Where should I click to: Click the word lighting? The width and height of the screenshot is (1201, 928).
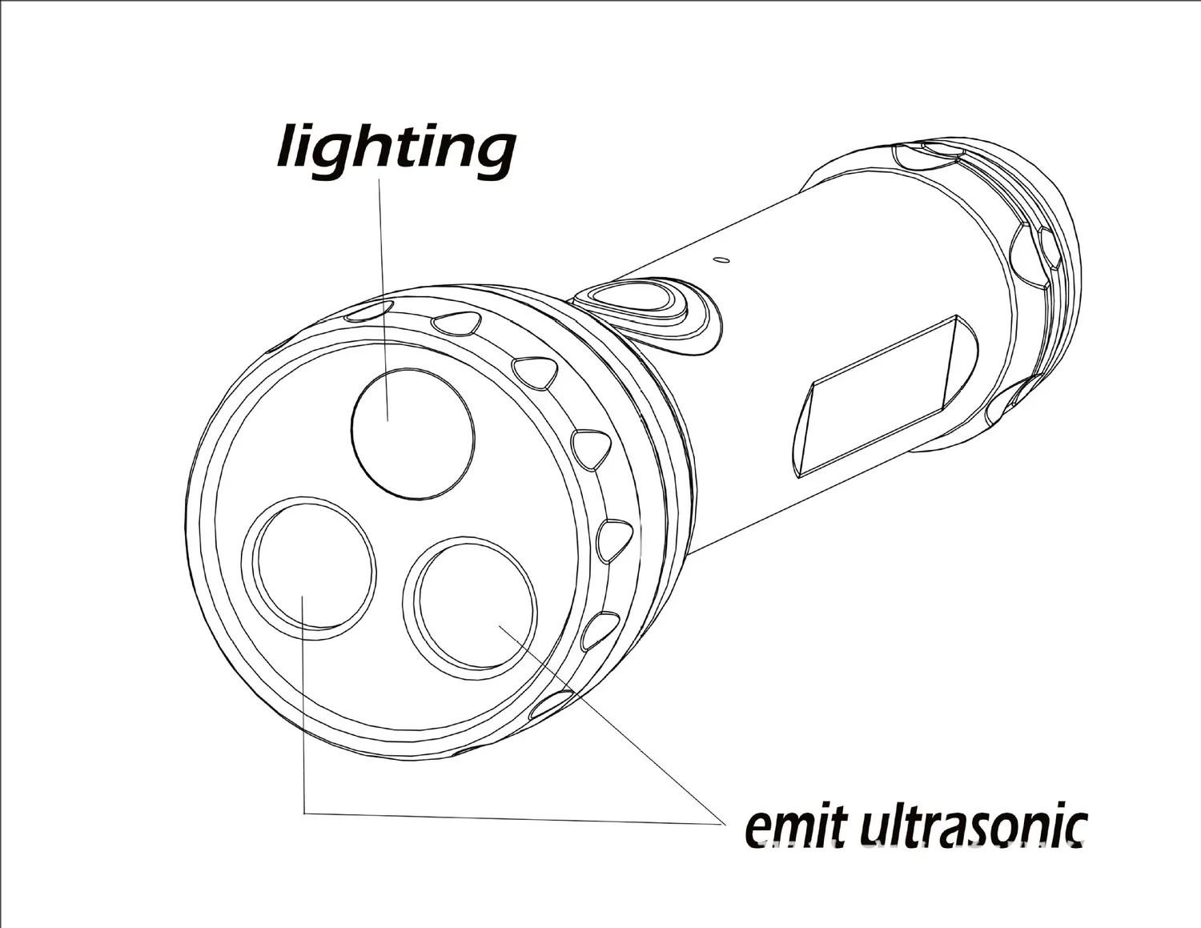[396, 148]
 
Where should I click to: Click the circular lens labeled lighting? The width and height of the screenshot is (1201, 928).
[413, 434]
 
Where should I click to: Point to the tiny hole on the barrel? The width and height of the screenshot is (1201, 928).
[722, 259]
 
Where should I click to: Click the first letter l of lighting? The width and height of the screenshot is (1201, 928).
[288, 147]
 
